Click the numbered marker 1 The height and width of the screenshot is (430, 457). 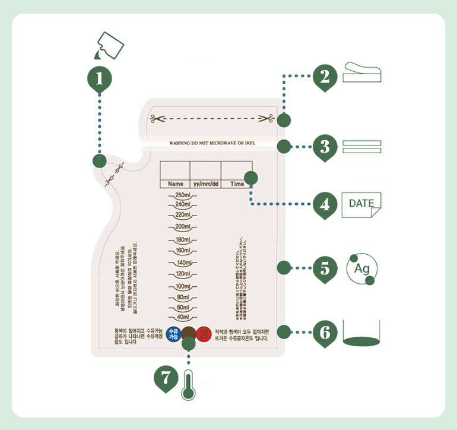[x=100, y=78]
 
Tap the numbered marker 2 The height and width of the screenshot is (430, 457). [x=325, y=77]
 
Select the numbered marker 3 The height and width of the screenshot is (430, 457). [x=325, y=146]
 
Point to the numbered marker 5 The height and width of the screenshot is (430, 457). [x=325, y=268]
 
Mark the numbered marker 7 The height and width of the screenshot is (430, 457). [x=167, y=378]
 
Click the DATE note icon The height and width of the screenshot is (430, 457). [x=361, y=204]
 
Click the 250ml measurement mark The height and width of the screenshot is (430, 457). [x=182, y=195]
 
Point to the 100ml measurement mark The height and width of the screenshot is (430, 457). [x=182, y=287]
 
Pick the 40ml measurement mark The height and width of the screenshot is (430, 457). [x=182, y=318]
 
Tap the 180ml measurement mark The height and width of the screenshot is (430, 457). [x=182, y=240]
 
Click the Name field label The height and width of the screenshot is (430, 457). [x=175, y=184]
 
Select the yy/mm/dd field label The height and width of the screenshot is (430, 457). [x=206, y=184]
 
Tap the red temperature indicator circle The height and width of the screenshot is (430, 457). [x=204, y=333]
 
